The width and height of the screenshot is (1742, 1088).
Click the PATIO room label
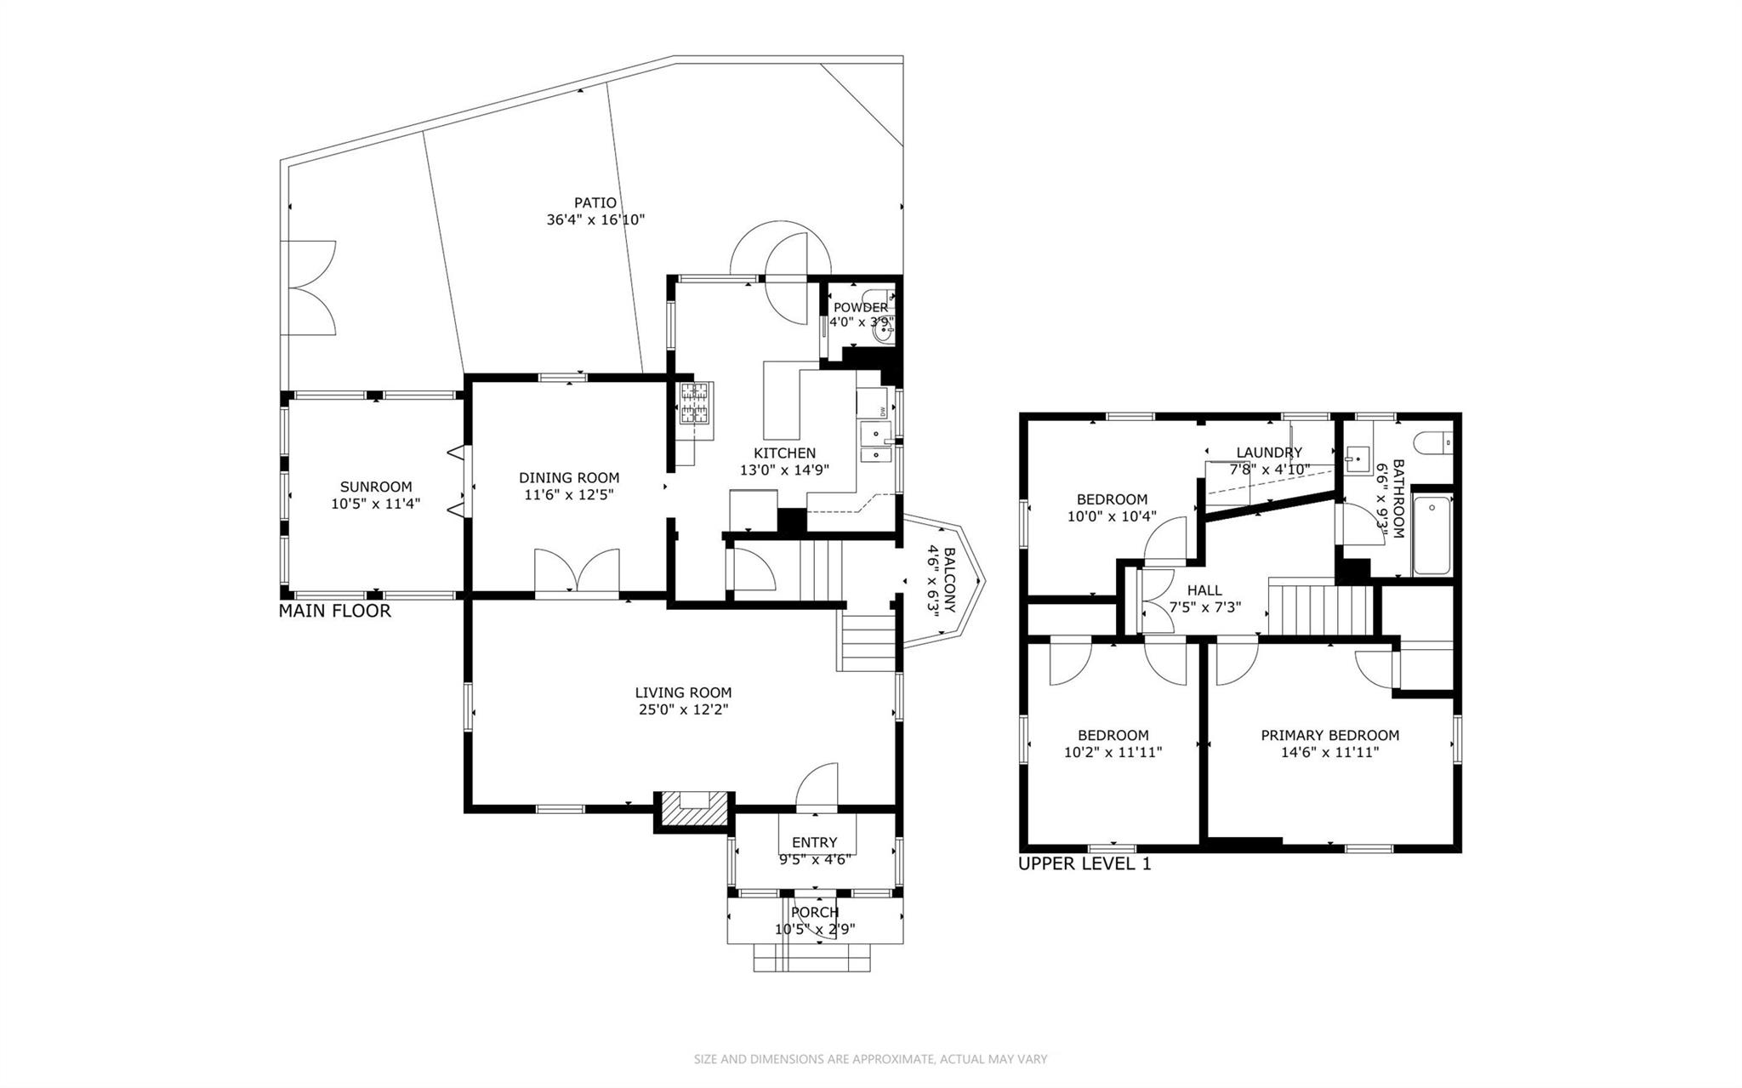(595, 203)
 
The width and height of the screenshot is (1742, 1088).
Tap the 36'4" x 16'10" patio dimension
(595, 220)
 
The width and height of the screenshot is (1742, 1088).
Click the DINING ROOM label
(569, 478)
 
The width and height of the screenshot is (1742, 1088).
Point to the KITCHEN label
(784, 453)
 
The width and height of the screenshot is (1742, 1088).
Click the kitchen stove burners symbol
(695, 403)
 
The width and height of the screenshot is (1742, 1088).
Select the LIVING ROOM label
(683, 693)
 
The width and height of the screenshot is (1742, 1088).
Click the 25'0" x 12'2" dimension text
(683, 709)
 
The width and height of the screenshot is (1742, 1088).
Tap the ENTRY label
(814, 843)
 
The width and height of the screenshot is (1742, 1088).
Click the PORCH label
(815, 913)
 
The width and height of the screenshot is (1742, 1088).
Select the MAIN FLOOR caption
(335, 611)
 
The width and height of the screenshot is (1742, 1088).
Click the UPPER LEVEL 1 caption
(1084, 864)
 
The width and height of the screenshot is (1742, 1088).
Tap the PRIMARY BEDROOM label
(1329, 736)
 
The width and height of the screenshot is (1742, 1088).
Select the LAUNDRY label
(1269, 453)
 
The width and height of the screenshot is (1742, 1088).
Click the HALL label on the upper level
(1204, 590)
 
